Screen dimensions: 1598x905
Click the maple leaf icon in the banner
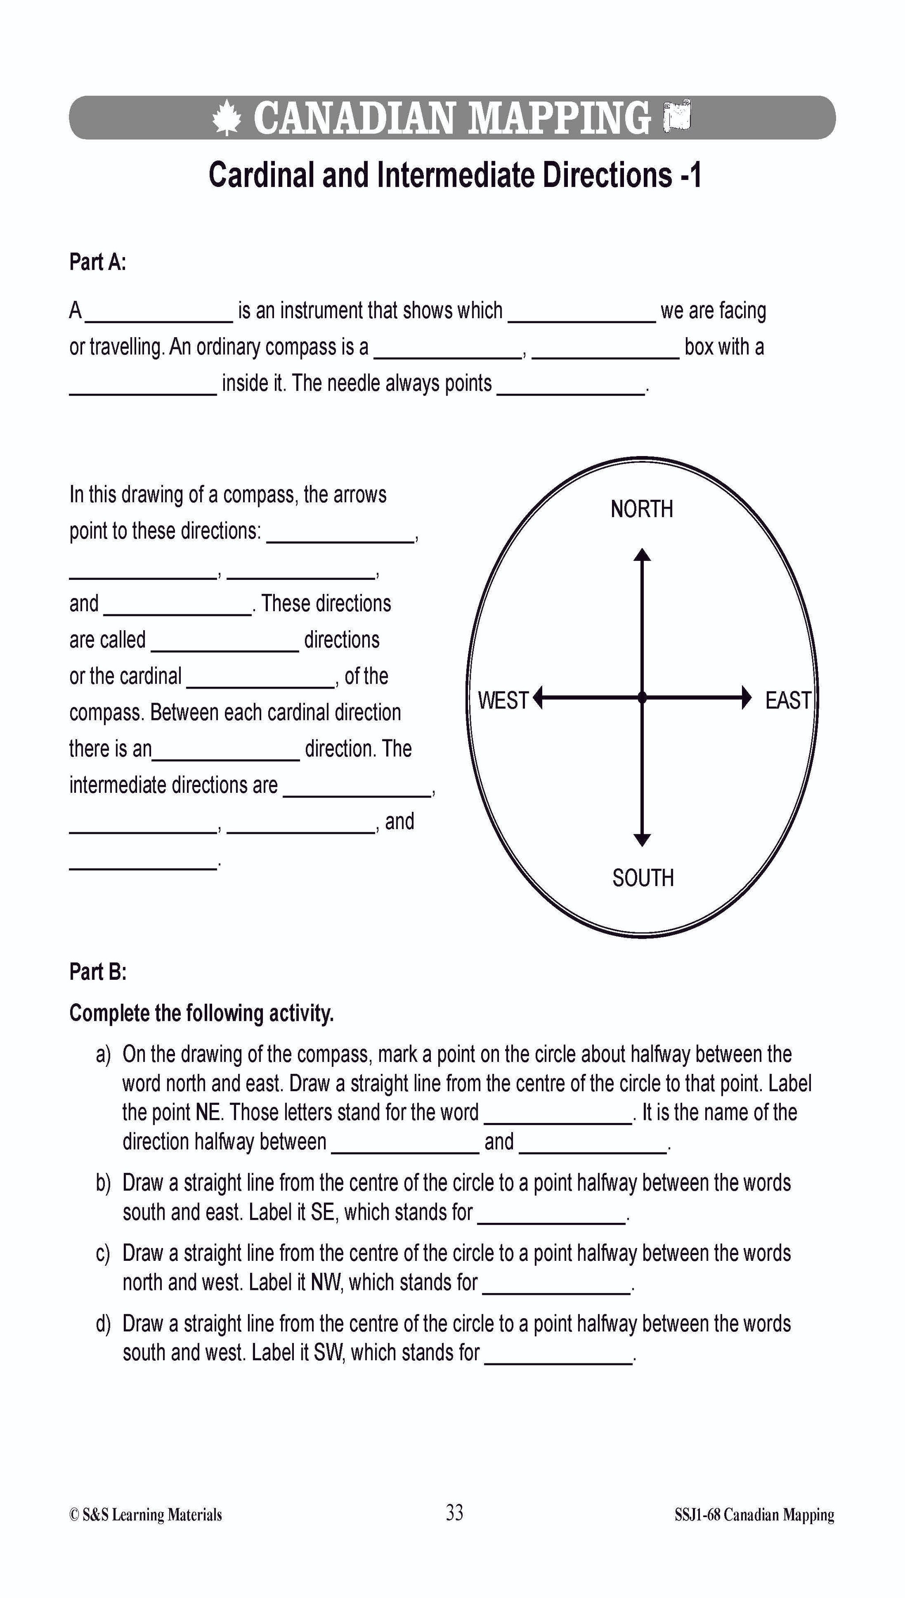pos(226,118)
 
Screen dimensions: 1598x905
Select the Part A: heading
pos(98,263)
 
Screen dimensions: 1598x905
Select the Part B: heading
pos(98,971)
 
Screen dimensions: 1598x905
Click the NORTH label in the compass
pos(642,509)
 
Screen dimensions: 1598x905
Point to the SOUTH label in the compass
pos(643,878)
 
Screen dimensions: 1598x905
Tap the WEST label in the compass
pos(503,700)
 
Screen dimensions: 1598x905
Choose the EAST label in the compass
pos(787,700)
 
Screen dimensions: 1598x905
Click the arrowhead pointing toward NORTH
pos(642,555)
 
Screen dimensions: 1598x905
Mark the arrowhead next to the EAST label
pos(746,698)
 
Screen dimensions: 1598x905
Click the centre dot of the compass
pos(642,698)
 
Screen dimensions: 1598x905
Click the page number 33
pos(454,1512)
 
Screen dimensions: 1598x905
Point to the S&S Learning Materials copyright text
pos(145,1515)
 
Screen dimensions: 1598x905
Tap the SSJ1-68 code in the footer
pos(697,1515)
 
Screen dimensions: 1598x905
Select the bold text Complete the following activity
pos(202,1013)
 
